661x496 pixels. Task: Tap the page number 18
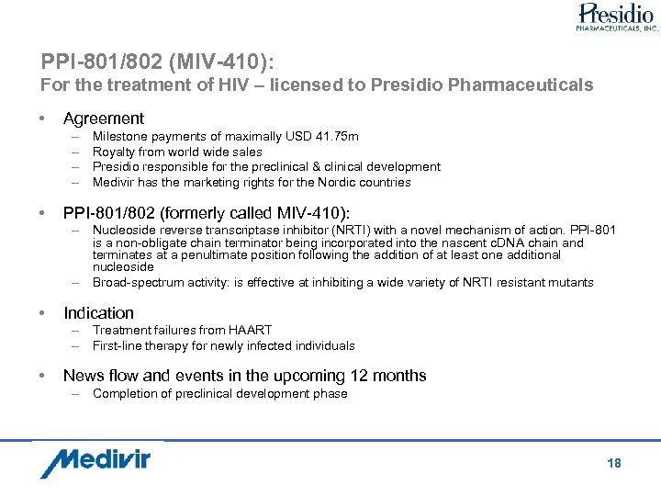(x=614, y=463)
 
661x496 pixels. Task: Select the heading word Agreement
(x=103, y=118)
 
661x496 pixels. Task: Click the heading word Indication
(x=98, y=313)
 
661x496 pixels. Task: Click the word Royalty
(x=115, y=152)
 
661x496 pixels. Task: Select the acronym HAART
(x=250, y=330)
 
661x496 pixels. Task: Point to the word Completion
(x=126, y=393)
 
